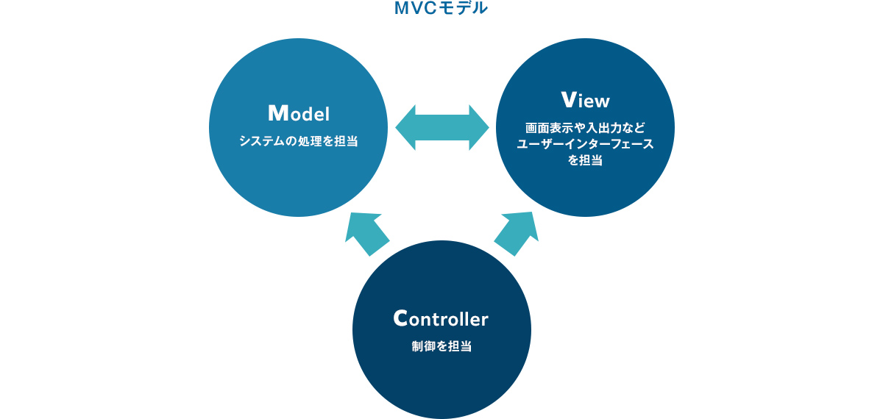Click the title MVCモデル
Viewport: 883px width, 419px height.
pyautogui.click(x=441, y=9)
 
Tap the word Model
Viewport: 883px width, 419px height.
pyautogui.click(x=298, y=114)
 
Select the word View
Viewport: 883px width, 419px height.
pyautogui.click(x=585, y=99)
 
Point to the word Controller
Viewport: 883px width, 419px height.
pyautogui.click(x=441, y=318)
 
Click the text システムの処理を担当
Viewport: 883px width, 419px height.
pyautogui.click(x=298, y=140)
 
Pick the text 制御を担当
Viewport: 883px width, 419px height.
pyautogui.click(x=441, y=345)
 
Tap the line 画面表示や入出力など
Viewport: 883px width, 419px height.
pyautogui.click(x=585, y=126)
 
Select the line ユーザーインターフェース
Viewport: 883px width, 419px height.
pyautogui.click(x=585, y=143)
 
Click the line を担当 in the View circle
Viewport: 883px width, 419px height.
pyautogui.click(x=585, y=160)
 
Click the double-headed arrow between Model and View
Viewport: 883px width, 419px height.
pyautogui.click(x=442, y=129)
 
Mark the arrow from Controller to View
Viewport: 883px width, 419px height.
pyautogui.click(x=517, y=233)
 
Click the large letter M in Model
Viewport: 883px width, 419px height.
pyautogui.click(x=277, y=113)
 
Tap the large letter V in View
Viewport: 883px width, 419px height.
pyautogui.click(x=567, y=99)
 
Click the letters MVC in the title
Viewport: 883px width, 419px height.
pyautogui.click(x=414, y=9)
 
